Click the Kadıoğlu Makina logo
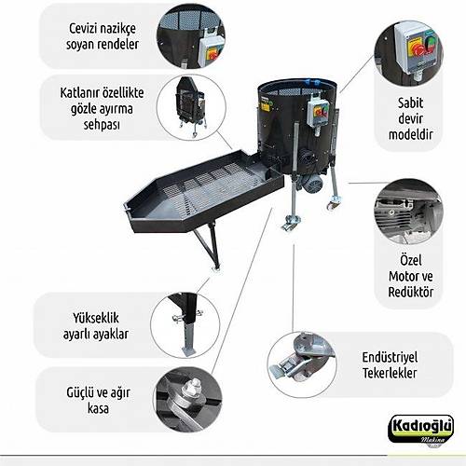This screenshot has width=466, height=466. point(420,432)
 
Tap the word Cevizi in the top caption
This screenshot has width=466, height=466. point(82,29)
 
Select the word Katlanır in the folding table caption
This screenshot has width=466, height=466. point(79,92)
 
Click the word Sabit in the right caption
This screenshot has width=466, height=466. point(410,103)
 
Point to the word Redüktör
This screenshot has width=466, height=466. point(410,292)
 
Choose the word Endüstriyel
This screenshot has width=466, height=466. point(390,357)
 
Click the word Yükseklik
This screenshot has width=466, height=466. point(96,318)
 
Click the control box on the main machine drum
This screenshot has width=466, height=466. point(318,114)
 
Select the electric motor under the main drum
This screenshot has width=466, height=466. point(311,184)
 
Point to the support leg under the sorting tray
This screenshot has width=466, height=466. point(208,246)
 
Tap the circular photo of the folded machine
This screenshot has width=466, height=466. point(191,107)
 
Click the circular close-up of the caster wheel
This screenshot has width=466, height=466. point(302,364)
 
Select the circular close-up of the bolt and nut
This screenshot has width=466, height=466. point(187,398)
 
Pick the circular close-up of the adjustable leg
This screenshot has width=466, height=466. point(185,323)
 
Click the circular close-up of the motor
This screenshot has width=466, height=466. point(409,212)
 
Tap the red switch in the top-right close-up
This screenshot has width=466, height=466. point(417,48)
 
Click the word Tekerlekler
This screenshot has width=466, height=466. point(390,373)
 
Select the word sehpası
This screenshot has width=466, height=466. point(102,125)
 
